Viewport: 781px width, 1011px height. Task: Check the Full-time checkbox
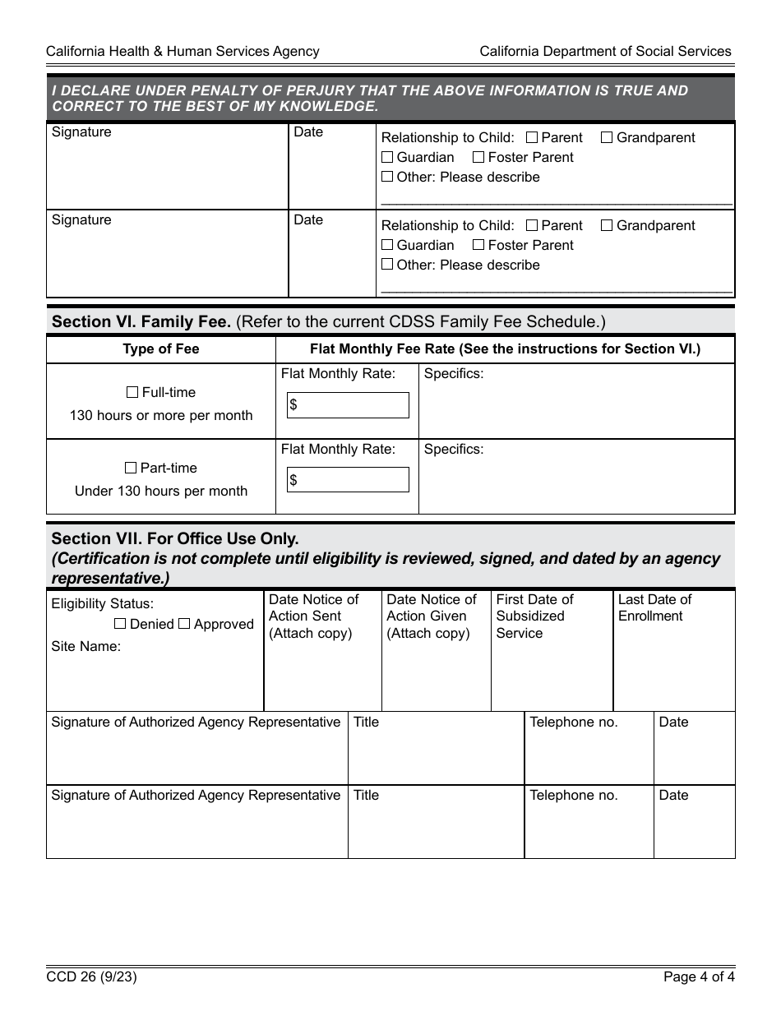[132, 393]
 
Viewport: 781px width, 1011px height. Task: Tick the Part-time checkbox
[131, 468]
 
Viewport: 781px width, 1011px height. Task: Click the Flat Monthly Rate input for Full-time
[348, 405]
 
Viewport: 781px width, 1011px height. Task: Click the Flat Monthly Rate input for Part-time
[348, 480]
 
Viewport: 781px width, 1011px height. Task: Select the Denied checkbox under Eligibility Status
[120, 624]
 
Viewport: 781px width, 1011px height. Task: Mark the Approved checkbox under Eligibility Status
[184, 624]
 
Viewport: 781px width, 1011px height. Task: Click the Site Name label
[85, 646]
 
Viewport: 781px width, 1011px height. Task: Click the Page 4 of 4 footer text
[699, 977]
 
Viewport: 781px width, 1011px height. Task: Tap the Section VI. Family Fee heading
[141, 321]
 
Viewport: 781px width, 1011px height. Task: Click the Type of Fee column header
[161, 349]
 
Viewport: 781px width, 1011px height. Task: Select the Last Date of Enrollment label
[654, 607]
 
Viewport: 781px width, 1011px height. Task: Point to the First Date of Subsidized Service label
[534, 616]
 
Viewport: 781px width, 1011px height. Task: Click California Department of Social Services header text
[605, 51]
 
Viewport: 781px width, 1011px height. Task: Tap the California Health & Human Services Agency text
[183, 51]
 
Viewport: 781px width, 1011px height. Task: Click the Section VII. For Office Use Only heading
[174, 538]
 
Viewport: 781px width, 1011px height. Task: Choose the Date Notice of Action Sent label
[313, 616]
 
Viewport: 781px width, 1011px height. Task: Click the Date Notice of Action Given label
[431, 616]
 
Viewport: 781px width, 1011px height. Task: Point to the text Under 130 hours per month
[161, 491]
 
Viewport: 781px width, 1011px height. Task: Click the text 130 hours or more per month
[161, 415]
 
